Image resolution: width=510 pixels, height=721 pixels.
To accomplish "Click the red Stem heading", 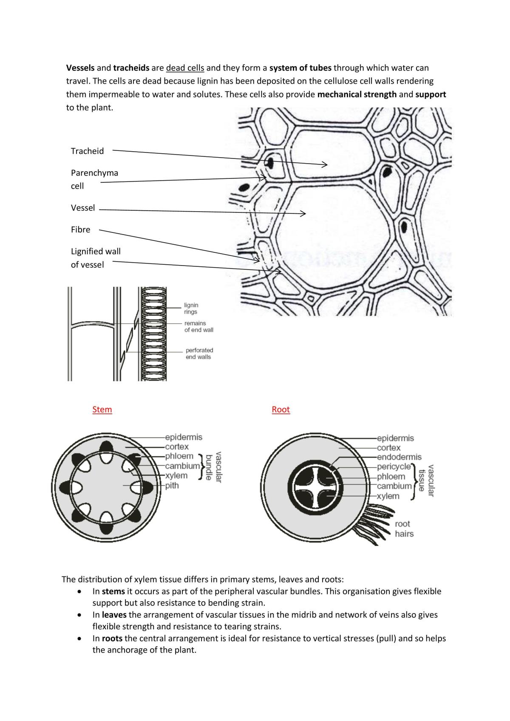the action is [102, 410].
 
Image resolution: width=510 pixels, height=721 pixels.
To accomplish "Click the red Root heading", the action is [281, 410].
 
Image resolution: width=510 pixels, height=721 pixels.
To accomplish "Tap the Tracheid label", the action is [87, 151].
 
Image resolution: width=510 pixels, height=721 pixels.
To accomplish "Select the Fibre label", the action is [80, 229].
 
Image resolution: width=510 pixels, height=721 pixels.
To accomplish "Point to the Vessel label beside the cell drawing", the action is [83, 208].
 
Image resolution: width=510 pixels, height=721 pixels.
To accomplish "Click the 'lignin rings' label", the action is [191, 308].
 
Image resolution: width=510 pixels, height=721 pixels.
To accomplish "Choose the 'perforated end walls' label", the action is [199, 353].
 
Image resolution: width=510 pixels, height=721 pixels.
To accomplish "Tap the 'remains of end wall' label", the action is [198, 326].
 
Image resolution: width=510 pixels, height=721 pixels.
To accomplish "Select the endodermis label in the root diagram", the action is [399, 457].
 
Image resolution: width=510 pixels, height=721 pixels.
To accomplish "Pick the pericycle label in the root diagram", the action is [394, 467].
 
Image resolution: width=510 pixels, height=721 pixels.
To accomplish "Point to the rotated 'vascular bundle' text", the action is [214, 467].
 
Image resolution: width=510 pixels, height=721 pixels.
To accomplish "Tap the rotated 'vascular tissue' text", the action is [426, 481].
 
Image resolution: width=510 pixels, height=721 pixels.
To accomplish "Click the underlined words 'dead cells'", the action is [185, 68].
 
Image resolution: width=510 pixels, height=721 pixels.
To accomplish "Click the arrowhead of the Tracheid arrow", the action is [325, 164].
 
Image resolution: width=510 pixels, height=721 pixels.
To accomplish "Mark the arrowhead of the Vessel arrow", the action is [303, 213].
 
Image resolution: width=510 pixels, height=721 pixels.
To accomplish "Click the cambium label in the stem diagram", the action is [183, 466].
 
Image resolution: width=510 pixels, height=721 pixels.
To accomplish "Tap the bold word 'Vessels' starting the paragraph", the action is [80, 68].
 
